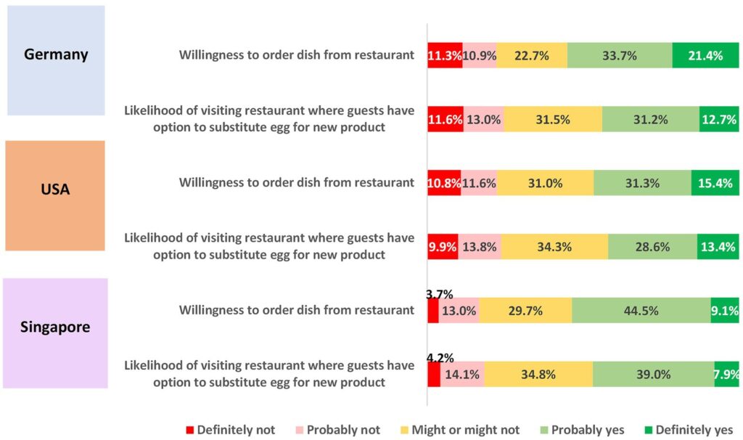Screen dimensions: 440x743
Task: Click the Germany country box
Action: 56,60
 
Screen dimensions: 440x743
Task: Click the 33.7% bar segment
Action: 620,56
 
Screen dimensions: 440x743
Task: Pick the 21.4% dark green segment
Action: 705,56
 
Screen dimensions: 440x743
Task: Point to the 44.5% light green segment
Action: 641,311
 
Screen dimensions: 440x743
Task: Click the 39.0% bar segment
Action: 653,375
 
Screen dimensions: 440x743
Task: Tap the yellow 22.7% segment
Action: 532,56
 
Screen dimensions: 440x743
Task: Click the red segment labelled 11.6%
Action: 445,120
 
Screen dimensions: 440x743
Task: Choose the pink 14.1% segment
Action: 462,375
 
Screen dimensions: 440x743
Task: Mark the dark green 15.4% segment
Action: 715,183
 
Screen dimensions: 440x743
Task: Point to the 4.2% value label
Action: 440,357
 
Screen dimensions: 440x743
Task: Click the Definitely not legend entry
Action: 230,429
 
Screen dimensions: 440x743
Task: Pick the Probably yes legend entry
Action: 581,429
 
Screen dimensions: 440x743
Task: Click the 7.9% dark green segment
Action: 726,375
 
